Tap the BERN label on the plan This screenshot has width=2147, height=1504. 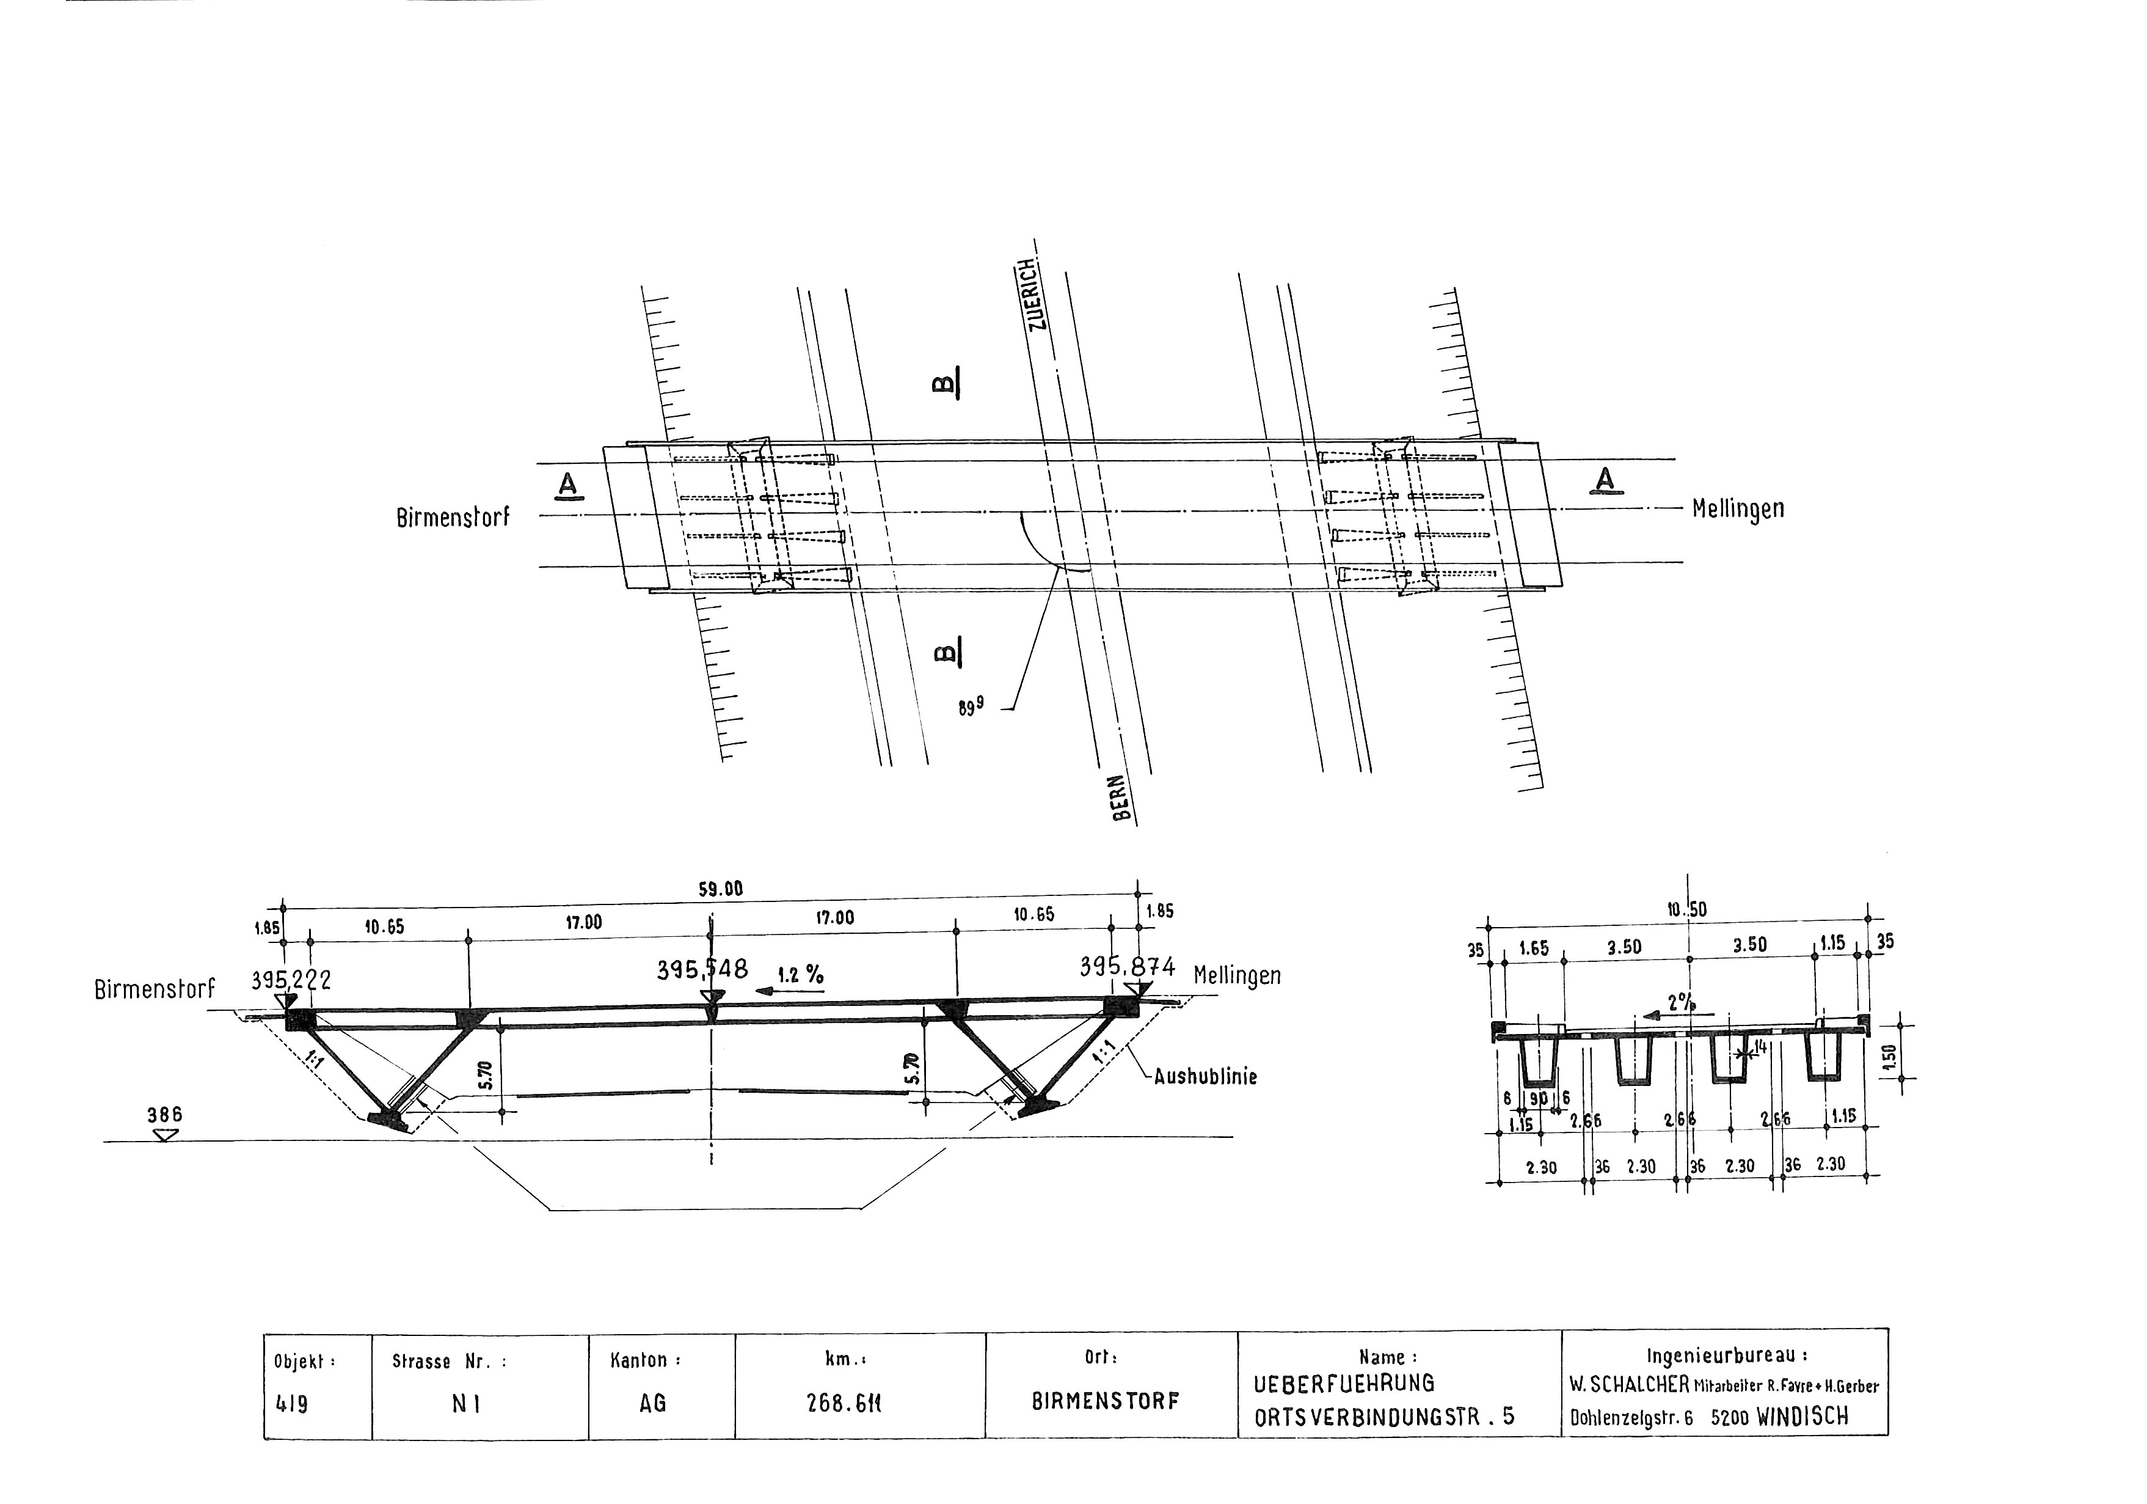(1122, 798)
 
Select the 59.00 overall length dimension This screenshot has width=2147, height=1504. (720, 889)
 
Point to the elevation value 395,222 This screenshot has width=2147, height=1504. (291, 980)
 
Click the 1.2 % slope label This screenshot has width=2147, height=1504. (800, 975)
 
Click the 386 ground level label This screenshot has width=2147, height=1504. (164, 1115)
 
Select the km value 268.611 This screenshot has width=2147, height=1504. (844, 1404)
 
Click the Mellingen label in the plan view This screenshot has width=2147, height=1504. (1737, 510)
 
